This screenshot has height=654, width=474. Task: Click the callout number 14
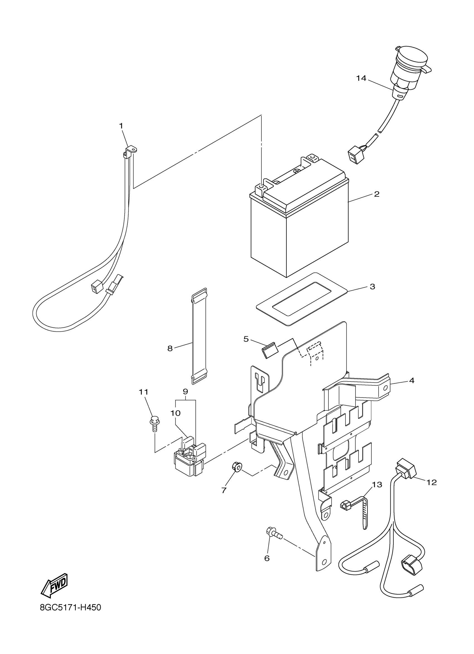click(x=361, y=78)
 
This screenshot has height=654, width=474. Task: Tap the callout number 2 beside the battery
click(x=376, y=194)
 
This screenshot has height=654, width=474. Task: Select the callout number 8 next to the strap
click(x=170, y=349)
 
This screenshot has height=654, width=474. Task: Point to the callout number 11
click(x=143, y=392)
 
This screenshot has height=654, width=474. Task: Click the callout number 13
click(x=377, y=485)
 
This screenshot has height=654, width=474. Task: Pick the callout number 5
click(x=246, y=339)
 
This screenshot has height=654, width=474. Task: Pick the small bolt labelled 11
click(x=153, y=425)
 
